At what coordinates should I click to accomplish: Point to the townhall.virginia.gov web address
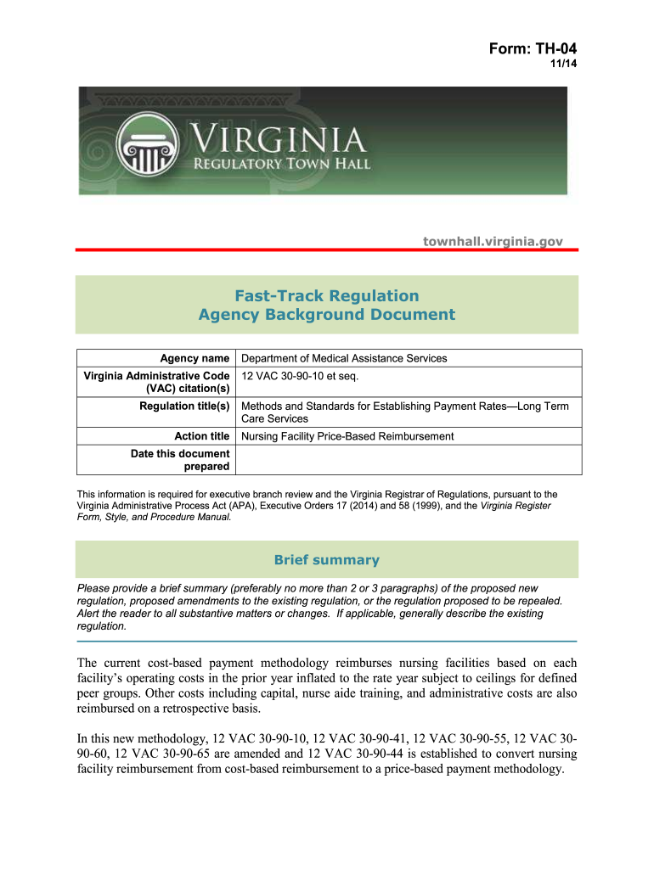[493, 242]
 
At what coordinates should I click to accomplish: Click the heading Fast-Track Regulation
[327, 295]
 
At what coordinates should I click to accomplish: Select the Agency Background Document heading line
[327, 315]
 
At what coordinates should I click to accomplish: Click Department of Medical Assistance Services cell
[344, 358]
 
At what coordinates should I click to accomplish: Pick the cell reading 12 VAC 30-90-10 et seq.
[296, 375]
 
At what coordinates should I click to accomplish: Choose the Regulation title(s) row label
[184, 406]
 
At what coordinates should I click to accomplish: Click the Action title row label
[201, 436]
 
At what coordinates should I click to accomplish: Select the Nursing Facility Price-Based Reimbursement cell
[347, 436]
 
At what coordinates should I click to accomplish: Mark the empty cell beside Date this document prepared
[409, 460]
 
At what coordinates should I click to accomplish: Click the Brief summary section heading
[327, 560]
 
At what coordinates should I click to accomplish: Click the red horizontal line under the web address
[327, 250]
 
